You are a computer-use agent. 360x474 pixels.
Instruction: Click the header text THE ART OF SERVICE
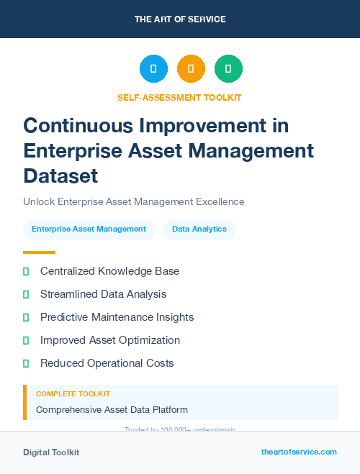tap(180, 19)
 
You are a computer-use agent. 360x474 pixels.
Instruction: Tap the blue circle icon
tap(153, 69)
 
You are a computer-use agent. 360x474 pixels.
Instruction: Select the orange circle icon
tap(191, 69)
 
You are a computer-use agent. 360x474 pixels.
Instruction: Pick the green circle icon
tap(228, 69)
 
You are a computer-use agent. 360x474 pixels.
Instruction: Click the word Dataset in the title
tap(60, 176)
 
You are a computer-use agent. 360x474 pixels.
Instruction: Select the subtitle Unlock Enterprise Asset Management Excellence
tap(134, 201)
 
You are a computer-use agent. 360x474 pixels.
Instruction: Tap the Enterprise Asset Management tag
tap(89, 229)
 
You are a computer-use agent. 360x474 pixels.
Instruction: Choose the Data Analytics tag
tap(199, 229)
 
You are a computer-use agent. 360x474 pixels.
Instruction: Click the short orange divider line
tap(39, 252)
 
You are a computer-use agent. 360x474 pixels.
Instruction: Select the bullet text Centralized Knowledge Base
tap(109, 271)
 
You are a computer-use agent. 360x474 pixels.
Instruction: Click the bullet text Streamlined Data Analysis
tap(103, 294)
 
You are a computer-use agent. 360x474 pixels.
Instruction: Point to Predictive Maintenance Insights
tap(117, 317)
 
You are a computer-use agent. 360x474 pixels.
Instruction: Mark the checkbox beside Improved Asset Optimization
tap(26, 340)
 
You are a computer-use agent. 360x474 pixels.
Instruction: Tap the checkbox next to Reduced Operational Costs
tap(26, 363)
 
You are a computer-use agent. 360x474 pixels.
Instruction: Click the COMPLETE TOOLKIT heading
tap(73, 394)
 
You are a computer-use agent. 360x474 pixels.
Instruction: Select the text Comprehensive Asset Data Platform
tap(112, 410)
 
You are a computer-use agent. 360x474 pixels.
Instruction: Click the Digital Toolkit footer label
tap(51, 452)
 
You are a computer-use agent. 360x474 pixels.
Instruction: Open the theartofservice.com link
tap(299, 452)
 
